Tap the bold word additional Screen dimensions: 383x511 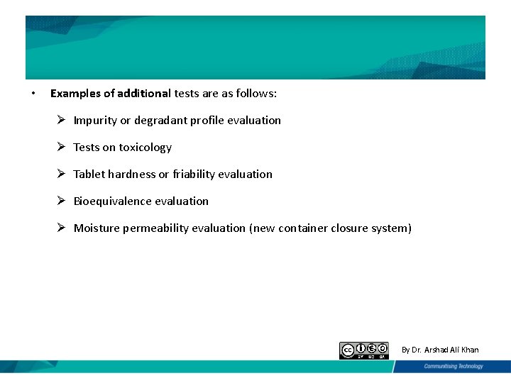click(x=144, y=94)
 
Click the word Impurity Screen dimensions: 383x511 click(x=95, y=121)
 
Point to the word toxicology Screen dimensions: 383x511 click(x=145, y=148)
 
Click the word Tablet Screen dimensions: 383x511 click(x=89, y=174)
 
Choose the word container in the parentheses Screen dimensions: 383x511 click(x=303, y=228)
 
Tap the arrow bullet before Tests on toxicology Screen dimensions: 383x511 click(x=62, y=147)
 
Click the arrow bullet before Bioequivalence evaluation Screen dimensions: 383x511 click(x=62, y=201)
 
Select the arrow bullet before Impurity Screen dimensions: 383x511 click(x=62, y=120)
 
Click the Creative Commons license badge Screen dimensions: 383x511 click(x=364, y=350)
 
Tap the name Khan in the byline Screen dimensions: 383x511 click(x=468, y=350)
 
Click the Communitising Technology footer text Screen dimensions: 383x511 click(x=454, y=367)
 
